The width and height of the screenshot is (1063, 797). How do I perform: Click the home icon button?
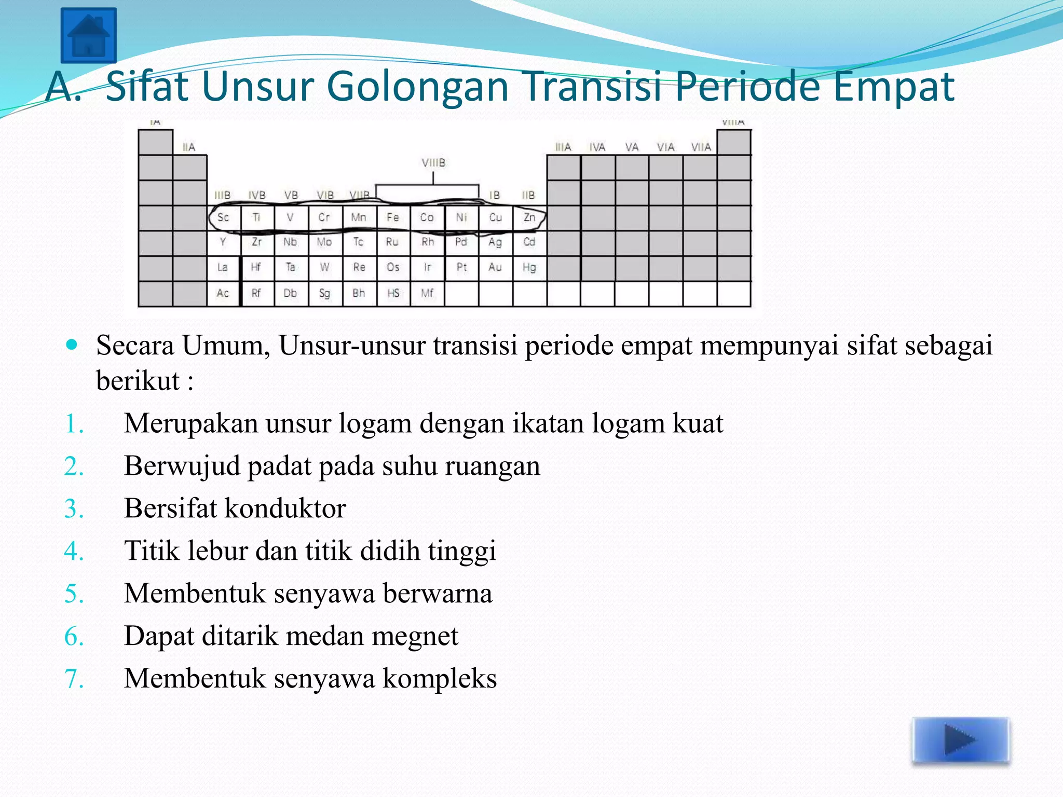coord(88,35)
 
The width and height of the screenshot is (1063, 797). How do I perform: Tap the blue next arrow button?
coord(961,740)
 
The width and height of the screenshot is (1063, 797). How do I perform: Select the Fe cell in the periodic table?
coord(393,217)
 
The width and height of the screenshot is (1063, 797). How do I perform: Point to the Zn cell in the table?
coord(529,217)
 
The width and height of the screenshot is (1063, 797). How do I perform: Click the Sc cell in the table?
coord(223,217)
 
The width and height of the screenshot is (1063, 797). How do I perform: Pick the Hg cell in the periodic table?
coord(529,268)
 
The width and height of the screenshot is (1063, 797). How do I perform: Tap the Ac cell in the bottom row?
coord(223,293)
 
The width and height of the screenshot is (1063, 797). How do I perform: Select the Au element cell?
coord(495,268)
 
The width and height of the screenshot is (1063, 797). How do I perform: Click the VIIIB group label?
coord(433,163)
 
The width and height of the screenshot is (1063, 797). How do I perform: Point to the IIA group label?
coord(189,147)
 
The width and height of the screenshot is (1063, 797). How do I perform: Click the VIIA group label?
coord(701,147)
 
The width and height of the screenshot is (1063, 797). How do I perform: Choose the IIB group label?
coord(528,196)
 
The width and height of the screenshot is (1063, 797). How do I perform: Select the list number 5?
coord(74,594)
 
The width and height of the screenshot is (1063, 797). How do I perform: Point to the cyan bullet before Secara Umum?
coord(72,344)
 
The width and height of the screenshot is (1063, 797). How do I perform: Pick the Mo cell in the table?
coord(324,242)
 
